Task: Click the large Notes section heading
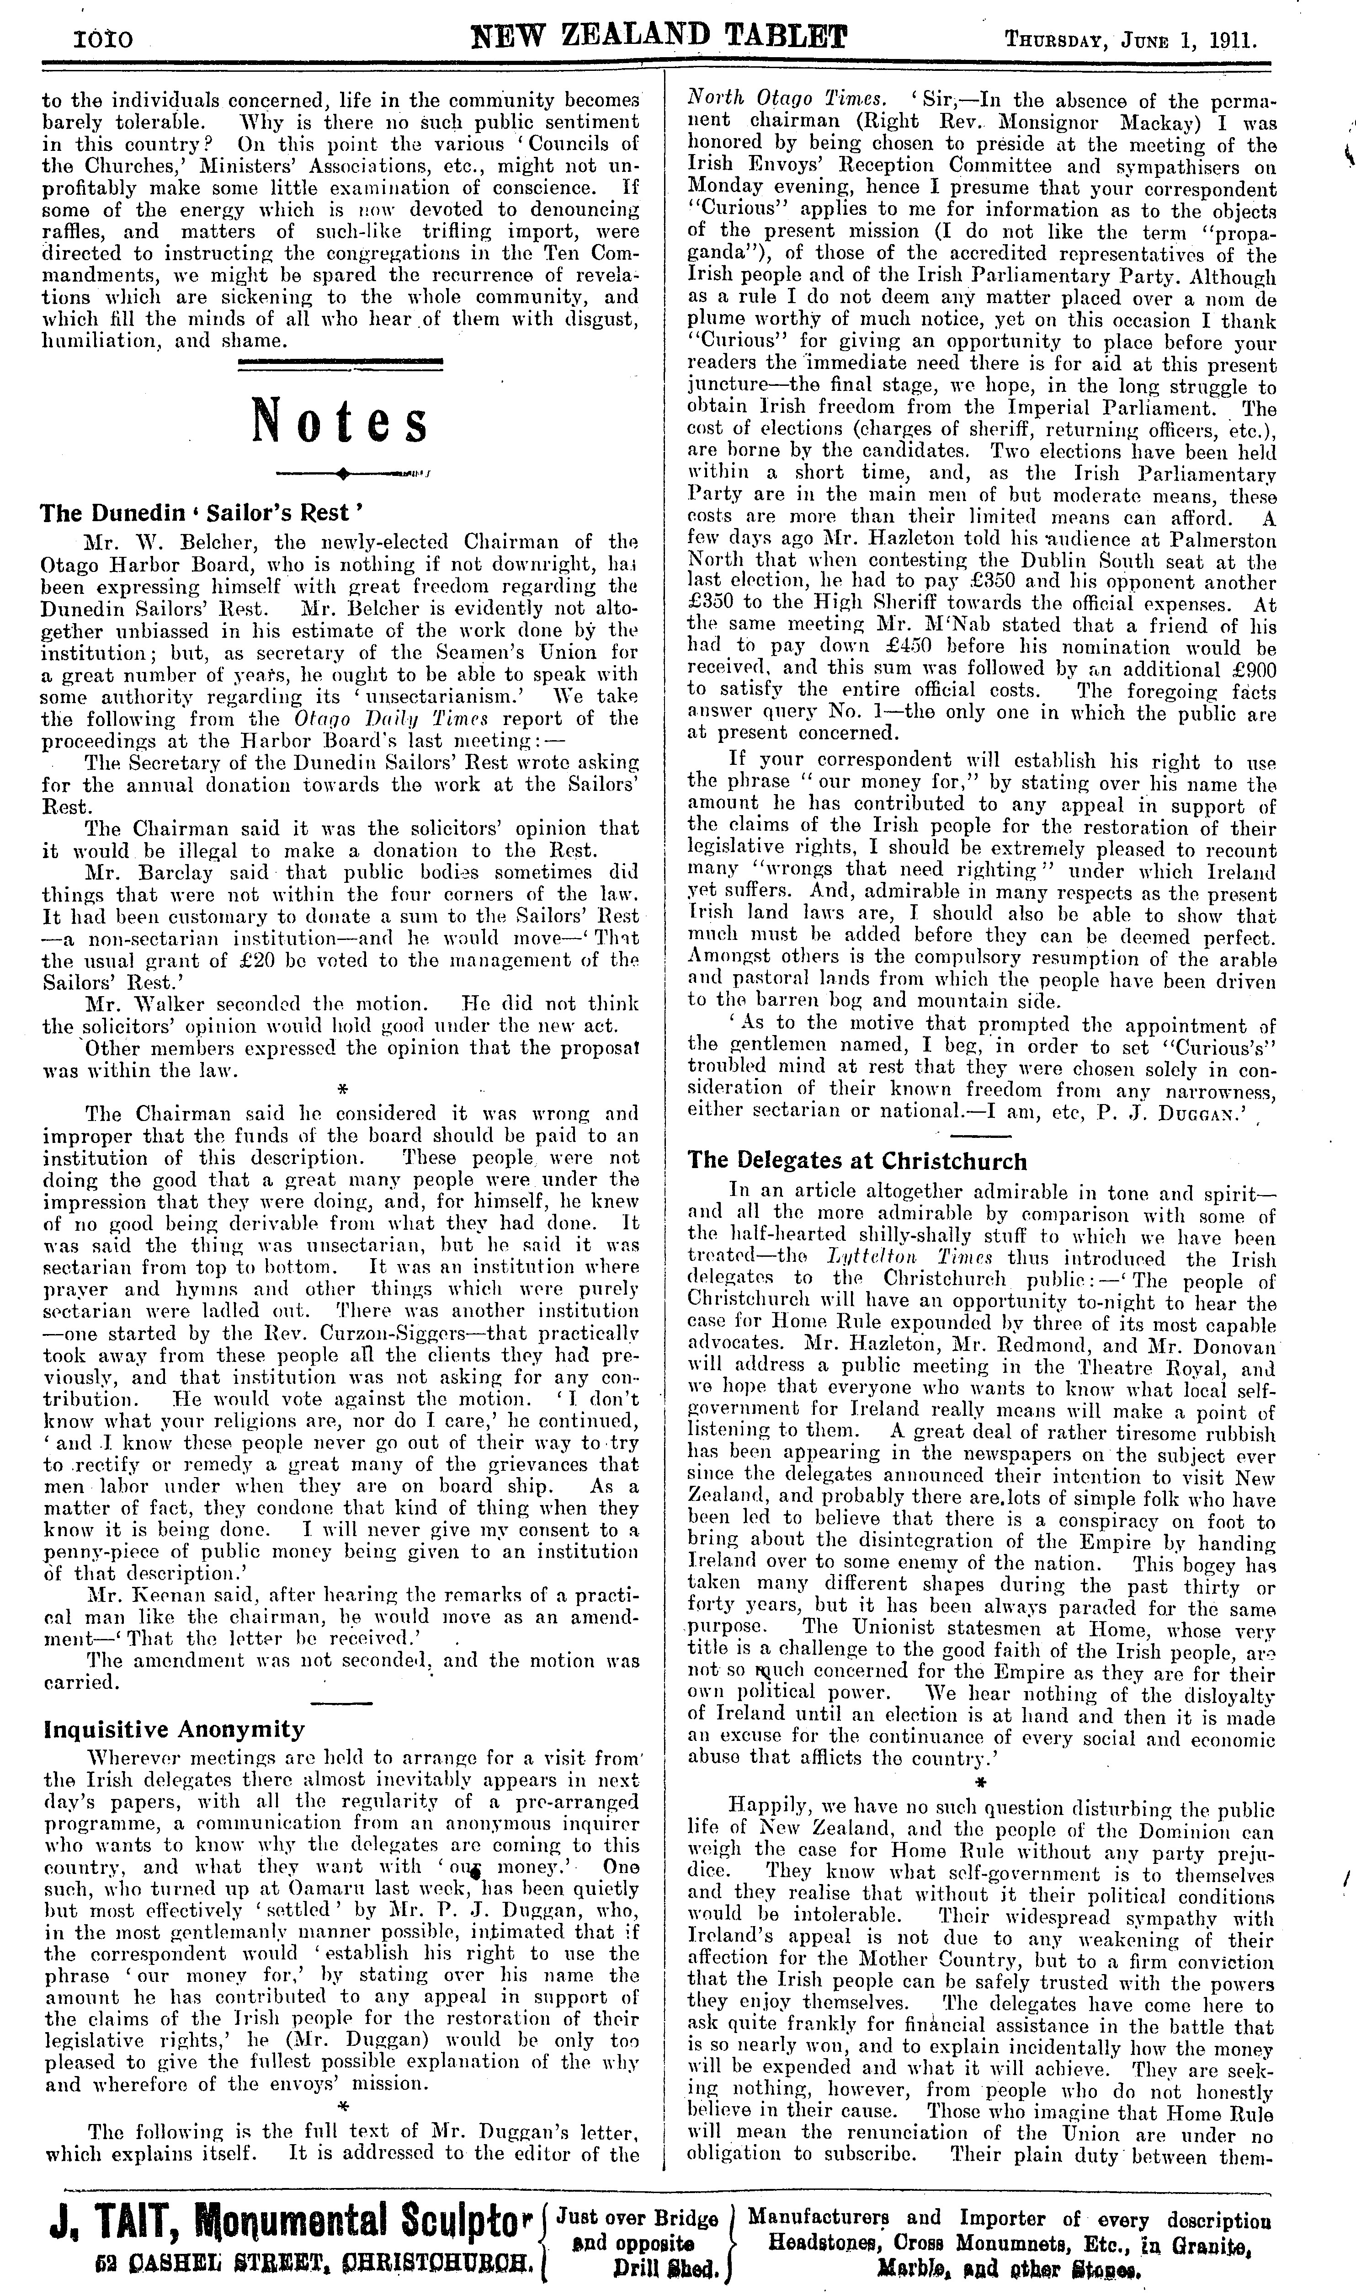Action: pos(340,421)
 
